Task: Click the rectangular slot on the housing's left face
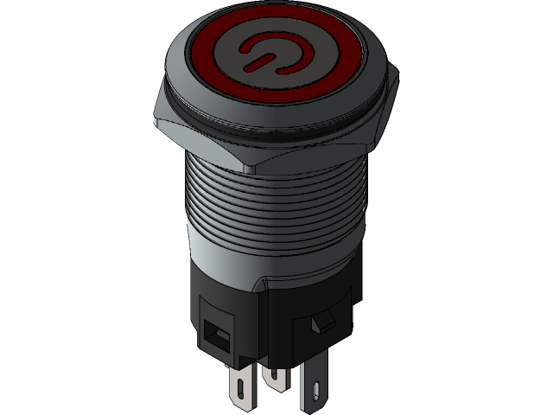[215, 332]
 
